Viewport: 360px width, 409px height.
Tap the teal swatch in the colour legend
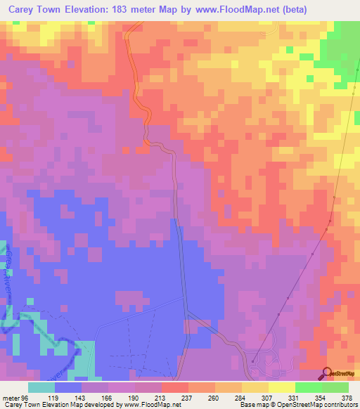tap(41, 387)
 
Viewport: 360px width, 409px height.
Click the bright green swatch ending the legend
tap(335, 387)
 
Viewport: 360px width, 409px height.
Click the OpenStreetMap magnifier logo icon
tap(327, 375)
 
